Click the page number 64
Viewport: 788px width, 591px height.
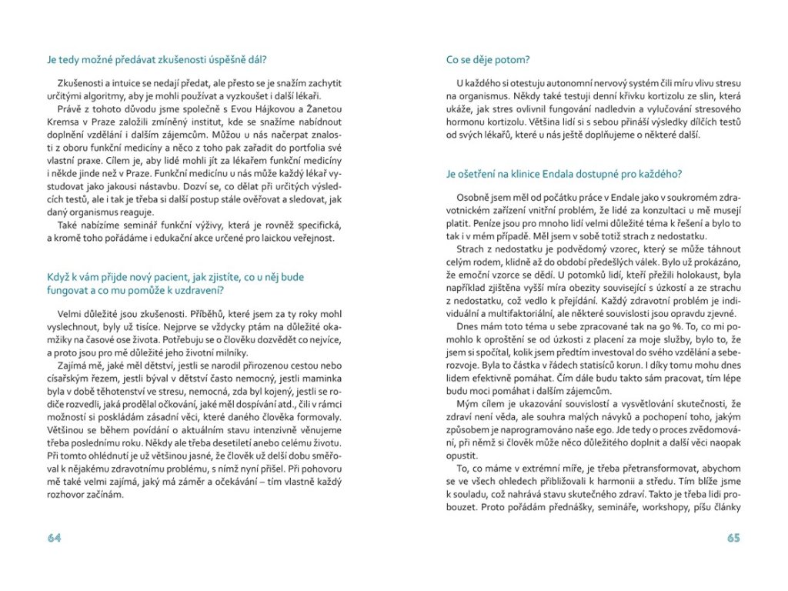54,538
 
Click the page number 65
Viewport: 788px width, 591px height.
733,538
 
